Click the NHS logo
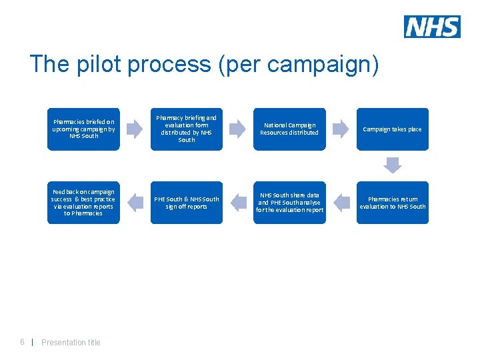point(432,27)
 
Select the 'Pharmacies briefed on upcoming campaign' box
point(83,129)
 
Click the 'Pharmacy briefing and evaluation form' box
point(186,129)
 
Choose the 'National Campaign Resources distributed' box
point(289,129)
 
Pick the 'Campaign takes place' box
point(392,129)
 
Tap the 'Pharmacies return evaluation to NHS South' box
point(392,203)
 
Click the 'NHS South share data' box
point(289,203)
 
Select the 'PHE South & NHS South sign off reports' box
point(186,203)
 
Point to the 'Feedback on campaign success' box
point(83,203)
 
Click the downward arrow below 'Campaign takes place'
point(393,165)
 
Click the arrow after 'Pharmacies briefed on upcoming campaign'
point(135,129)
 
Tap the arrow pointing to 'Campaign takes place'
point(341,129)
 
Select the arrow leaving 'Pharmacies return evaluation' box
point(341,202)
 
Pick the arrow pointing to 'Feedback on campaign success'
point(135,202)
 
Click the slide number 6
point(22,342)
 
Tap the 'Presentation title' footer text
point(71,343)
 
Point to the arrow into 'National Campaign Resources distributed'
point(238,129)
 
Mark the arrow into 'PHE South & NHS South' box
point(238,202)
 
